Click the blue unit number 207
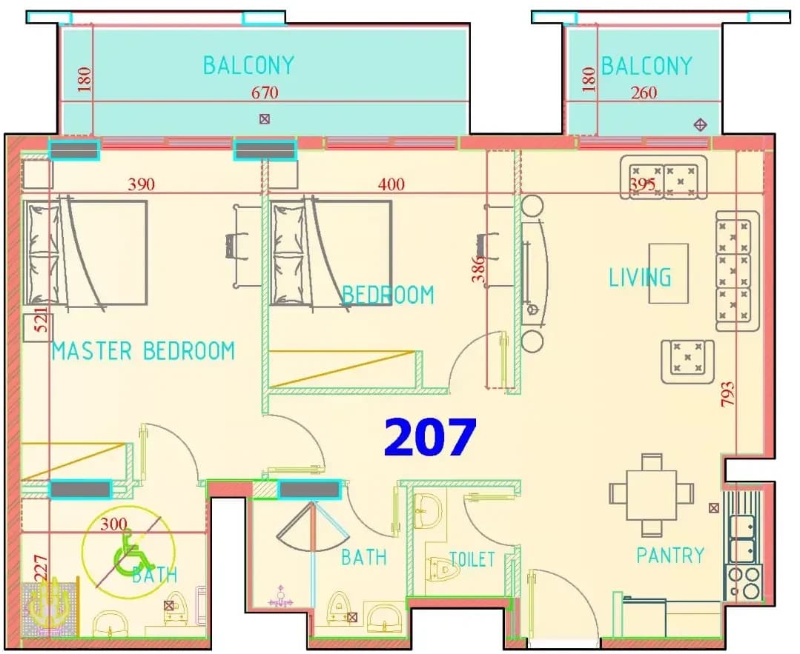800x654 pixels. click(430, 438)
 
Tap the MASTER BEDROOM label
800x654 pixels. click(143, 351)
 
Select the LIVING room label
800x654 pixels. click(641, 277)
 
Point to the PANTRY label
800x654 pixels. click(670, 555)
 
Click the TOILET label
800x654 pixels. click(472, 559)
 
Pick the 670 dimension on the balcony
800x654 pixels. click(265, 93)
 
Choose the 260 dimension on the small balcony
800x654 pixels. click(644, 93)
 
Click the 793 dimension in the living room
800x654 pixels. click(728, 394)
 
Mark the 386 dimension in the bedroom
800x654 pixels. click(478, 269)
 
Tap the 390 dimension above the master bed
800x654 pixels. click(141, 184)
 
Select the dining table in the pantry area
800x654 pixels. click(652, 495)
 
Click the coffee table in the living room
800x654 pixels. click(668, 273)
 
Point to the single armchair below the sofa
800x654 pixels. click(687, 361)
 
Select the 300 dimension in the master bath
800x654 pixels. click(113, 524)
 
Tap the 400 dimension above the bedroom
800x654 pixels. click(391, 184)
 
